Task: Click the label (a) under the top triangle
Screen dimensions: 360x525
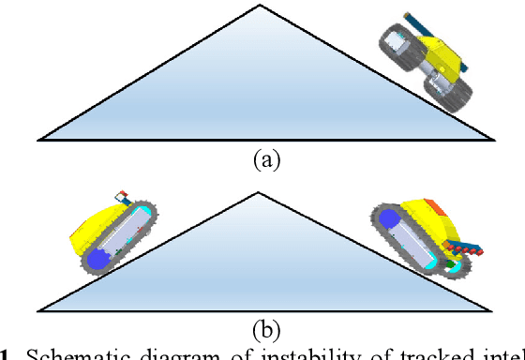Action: tap(266, 159)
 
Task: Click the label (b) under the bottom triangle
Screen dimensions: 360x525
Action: tap(266, 329)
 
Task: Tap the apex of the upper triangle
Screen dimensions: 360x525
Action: tap(260, 6)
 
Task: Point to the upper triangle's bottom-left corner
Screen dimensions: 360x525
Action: tap(39, 140)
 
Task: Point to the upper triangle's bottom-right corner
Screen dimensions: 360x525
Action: tap(493, 140)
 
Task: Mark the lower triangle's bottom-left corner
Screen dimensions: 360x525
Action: tap(39, 309)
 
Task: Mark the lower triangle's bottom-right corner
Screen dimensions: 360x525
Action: tap(493, 309)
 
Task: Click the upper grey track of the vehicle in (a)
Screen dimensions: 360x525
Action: tap(400, 47)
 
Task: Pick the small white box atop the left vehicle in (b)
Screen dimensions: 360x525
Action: tap(121, 197)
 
